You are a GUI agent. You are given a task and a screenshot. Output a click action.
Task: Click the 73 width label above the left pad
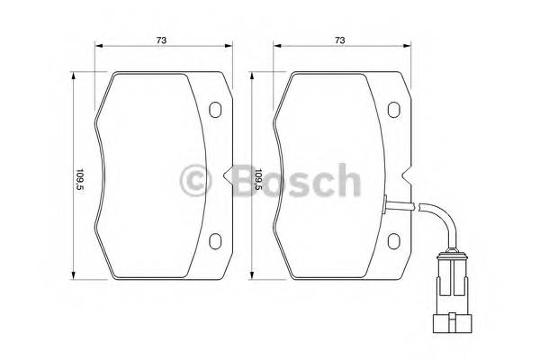point(163,40)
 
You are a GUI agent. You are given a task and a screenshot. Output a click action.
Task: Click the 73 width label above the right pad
point(339,40)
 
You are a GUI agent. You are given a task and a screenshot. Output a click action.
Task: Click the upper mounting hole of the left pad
point(215,110)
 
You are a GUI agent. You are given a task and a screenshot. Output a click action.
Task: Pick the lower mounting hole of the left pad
point(215,241)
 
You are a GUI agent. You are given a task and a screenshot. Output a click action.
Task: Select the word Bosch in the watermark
point(290,180)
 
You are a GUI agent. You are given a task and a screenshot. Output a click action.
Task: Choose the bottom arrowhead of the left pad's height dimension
point(75,276)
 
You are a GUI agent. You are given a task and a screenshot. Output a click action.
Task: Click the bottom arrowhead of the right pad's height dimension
point(252,276)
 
